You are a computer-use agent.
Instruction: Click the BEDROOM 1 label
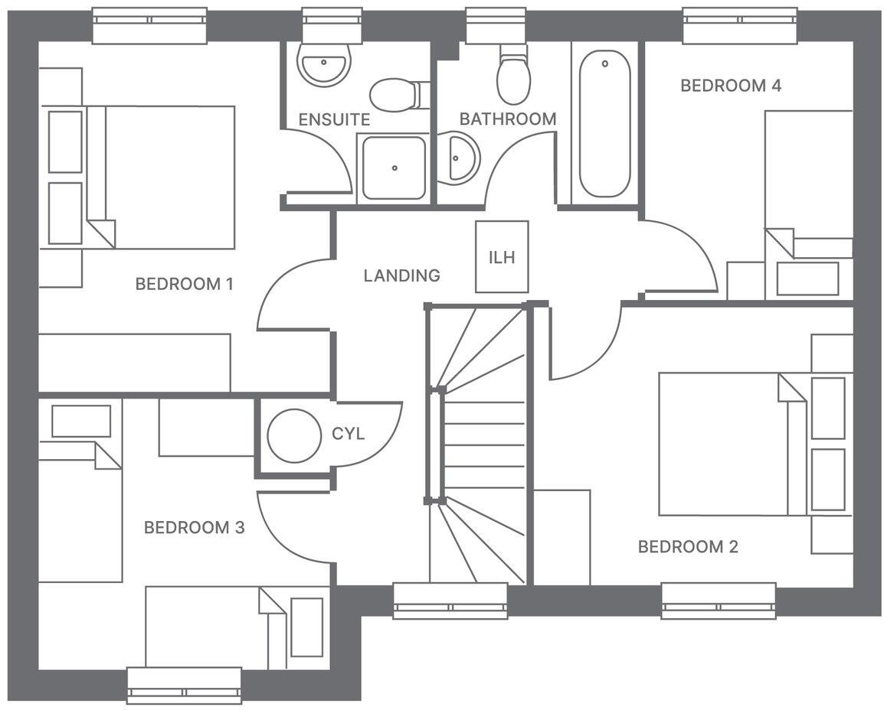184,284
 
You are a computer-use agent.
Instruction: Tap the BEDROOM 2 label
688,546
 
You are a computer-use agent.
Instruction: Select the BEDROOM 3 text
194,527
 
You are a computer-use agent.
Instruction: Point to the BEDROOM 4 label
730,85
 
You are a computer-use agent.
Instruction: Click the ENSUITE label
334,119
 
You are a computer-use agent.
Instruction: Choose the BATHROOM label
507,119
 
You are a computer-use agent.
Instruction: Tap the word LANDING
401,275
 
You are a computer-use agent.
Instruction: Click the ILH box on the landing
502,257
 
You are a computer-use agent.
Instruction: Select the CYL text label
348,434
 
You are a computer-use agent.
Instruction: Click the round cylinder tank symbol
294,435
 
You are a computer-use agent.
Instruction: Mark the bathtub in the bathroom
604,124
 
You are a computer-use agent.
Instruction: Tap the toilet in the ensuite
394,96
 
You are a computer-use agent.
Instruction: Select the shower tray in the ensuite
393,168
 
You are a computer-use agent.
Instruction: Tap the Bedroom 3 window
184,685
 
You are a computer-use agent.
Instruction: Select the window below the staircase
450,600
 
